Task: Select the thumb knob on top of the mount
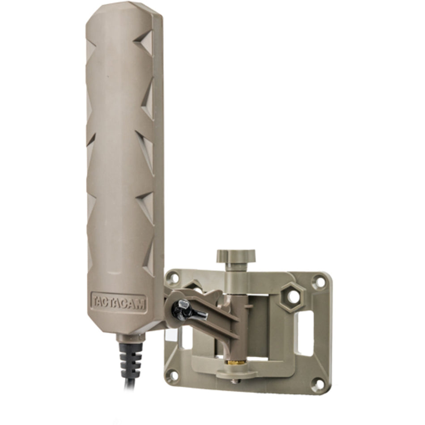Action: (235, 256)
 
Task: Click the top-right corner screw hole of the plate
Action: (318, 282)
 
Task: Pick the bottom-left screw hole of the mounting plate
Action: (171, 375)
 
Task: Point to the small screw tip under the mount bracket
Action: (235, 381)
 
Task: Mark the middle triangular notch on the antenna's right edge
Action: (146, 148)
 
